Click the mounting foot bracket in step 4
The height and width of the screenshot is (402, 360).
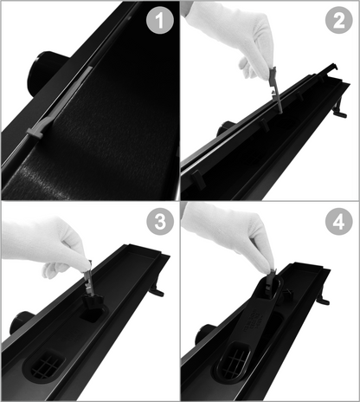click(x=324, y=295)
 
